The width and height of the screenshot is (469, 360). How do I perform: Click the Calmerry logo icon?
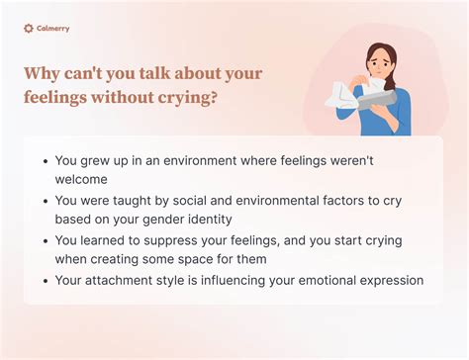28,29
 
